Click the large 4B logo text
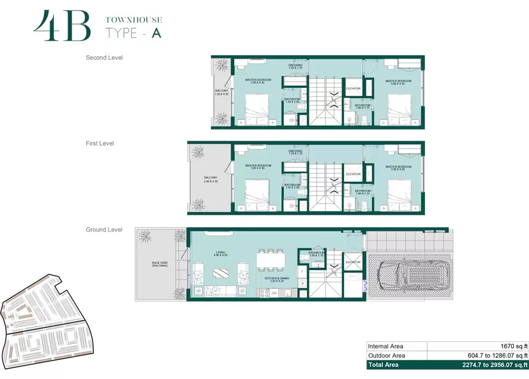[x=62, y=26]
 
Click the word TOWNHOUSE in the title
[x=134, y=20]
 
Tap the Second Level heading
[x=104, y=58]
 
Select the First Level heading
[x=100, y=143]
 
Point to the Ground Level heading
[x=104, y=230]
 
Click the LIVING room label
[x=221, y=252]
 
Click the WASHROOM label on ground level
[x=316, y=253]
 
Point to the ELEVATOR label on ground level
[x=353, y=262]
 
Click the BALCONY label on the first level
[x=209, y=179]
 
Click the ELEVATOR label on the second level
[x=353, y=89]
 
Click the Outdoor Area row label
[x=387, y=355]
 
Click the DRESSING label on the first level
[x=295, y=152]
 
